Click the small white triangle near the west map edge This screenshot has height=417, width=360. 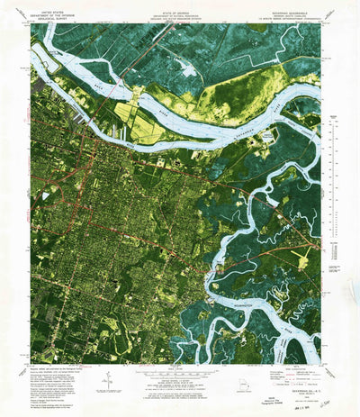pyautogui.click(x=35, y=194)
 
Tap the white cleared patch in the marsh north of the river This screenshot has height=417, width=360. pyautogui.click(x=190, y=68)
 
